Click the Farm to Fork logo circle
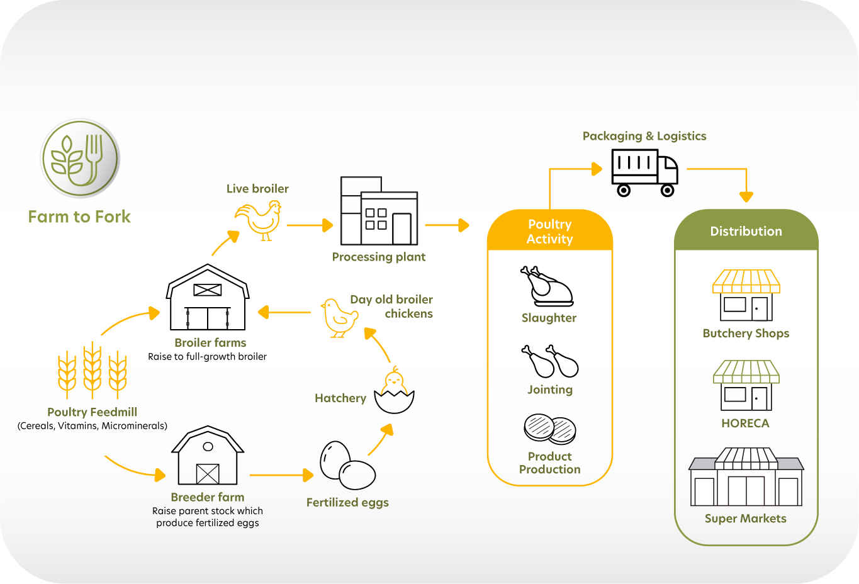coord(81,159)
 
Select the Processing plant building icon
coord(379,211)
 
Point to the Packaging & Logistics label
coord(644,136)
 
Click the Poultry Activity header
coord(549,232)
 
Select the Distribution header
coord(746,231)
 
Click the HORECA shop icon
coord(746,385)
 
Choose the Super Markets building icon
coord(746,478)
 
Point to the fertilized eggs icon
coord(347,465)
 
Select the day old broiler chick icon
coord(339,317)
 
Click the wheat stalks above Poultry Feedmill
coord(92,371)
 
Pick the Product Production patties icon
coord(550,429)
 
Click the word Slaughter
coord(549,318)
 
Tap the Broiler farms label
coord(210,342)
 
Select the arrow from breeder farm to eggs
coord(281,475)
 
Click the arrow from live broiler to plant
coord(309,225)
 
